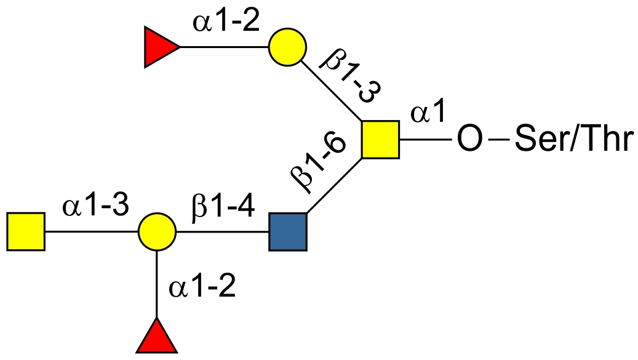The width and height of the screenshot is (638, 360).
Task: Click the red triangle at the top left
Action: pos(158,47)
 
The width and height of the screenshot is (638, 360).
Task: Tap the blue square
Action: pos(288,232)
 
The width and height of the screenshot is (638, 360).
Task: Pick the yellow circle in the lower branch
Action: pos(158,232)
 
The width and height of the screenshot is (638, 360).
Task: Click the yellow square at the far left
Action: pos(26,232)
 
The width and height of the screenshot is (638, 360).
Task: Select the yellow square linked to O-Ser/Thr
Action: pos(380,140)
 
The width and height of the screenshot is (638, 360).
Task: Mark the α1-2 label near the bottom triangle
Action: pos(202,287)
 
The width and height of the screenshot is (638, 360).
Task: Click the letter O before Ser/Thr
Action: pos(469,140)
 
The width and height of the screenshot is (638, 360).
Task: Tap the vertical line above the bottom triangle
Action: pos(158,283)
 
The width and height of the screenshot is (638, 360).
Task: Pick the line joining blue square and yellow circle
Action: pos(223,232)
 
